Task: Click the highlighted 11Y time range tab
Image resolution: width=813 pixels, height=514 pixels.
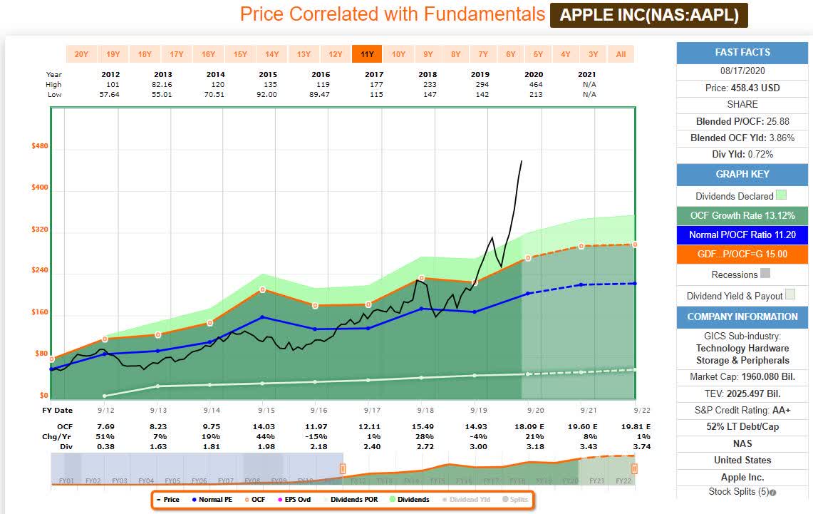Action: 367,54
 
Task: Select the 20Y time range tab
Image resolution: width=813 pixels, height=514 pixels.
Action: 81,54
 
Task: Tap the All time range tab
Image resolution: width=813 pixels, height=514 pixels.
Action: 621,54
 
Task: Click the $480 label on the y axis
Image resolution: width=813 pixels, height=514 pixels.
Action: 39,146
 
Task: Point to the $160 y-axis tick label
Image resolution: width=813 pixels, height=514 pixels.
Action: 39,312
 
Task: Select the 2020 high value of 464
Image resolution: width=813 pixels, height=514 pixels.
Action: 533,84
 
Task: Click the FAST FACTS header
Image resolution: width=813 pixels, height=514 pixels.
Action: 742,53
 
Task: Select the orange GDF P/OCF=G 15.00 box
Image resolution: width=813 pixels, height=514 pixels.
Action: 742,255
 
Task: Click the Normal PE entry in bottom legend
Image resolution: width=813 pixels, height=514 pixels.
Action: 212,500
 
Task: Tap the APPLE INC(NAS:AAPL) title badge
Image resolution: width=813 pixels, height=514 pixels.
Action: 648,15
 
